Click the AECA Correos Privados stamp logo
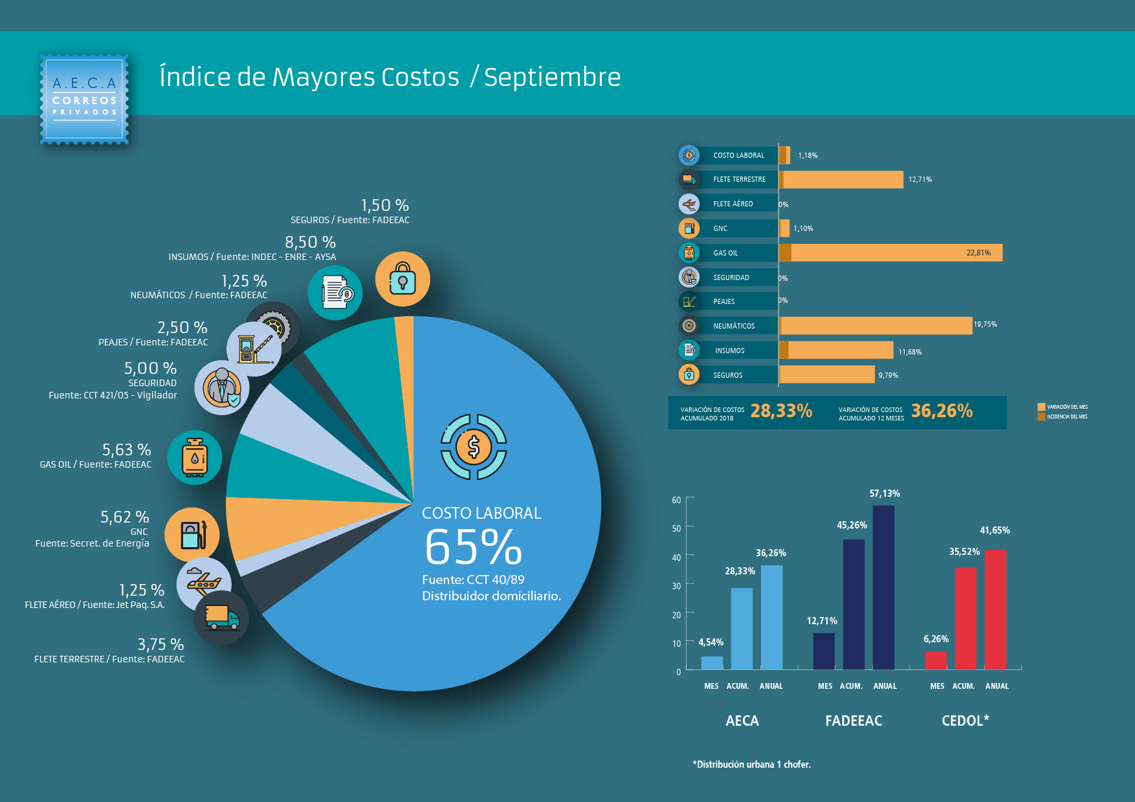pos(84,99)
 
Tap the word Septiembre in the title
pos(552,77)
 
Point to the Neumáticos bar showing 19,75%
pos(876,326)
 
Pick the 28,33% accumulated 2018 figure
pos(781,411)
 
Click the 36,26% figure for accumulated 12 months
pos(942,411)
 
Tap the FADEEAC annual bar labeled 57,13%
pos(883,587)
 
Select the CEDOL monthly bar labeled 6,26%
pos(936,660)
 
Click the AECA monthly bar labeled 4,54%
pos(712,663)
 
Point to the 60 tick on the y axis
pos(676,500)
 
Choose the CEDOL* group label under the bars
pos(965,721)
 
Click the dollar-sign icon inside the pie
pos(474,447)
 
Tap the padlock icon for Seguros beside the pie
pos(402,279)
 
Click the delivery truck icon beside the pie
pos(221,618)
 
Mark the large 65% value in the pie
pos(473,548)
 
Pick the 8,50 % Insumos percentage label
pos(310,243)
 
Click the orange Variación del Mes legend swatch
pos(1041,407)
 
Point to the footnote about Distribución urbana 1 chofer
pos(751,764)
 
